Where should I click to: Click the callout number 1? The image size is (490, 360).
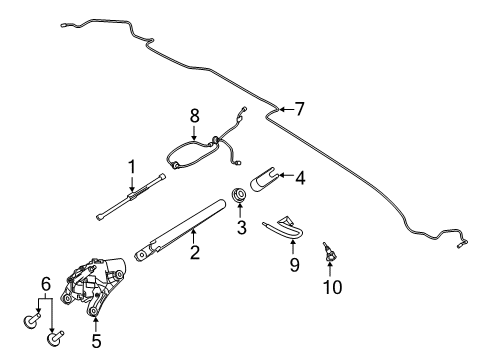click(x=130, y=165)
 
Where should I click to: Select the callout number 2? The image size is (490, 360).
click(x=195, y=253)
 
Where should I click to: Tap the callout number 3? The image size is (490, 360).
click(x=240, y=228)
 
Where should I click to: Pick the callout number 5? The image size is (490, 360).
click(x=95, y=341)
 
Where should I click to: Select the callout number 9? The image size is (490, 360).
click(x=295, y=265)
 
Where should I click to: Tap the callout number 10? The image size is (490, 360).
click(x=331, y=287)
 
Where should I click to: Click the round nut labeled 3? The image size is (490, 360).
click(x=240, y=195)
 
